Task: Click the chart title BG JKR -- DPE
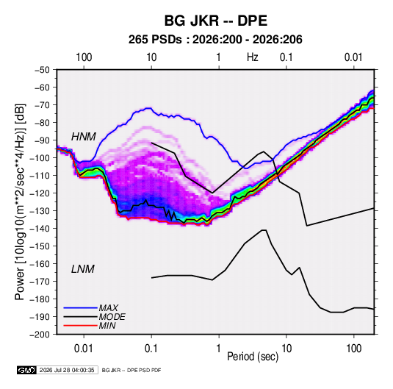[x=216, y=21]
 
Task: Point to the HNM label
[x=84, y=137]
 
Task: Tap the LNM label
[x=83, y=269]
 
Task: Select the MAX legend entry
[x=108, y=308]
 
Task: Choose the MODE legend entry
[x=112, y=317]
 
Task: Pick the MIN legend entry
[x=107, y=326]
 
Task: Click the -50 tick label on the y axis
[x=43, y=70]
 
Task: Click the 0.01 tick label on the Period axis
[x=84, y=349]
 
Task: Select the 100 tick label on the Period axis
[x=353, y=349]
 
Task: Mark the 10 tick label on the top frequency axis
[x=151, y=57]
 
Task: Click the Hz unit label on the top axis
[x=253, y=57]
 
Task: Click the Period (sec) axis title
[x=253, y=357]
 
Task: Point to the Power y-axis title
[x=20, y=201]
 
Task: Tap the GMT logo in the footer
[x=26, y=370]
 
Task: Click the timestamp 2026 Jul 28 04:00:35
[x=67, y=370]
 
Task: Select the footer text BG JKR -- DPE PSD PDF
[x=131, y=370]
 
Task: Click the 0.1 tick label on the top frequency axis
[x=286, y=57]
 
